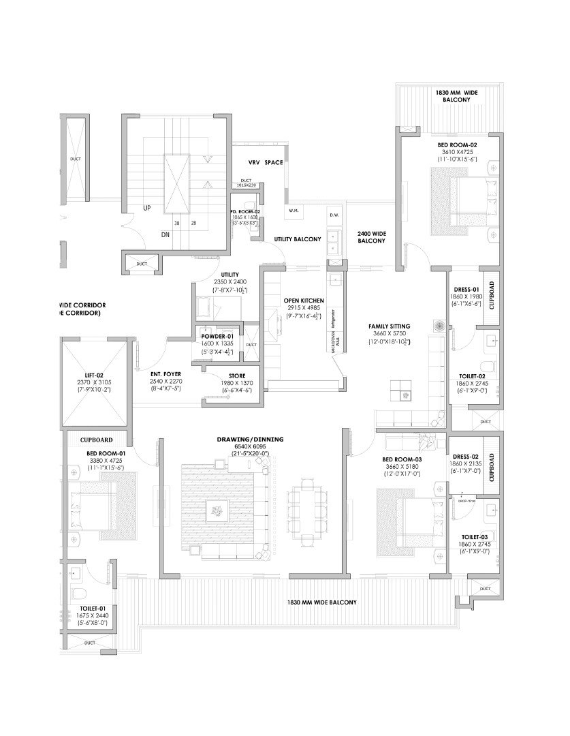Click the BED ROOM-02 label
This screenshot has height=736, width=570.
tap(457, 145)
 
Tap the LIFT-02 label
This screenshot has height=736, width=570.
tap(96, 375)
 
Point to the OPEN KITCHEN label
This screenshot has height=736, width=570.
tap(304, 301)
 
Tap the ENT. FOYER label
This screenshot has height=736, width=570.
tap(166, 374)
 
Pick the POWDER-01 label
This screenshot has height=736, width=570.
tap(217, 336)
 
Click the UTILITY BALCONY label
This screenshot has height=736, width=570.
tap(298, 240)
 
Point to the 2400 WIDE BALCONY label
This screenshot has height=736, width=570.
tap(372, 236)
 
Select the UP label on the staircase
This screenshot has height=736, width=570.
tap(146, 208)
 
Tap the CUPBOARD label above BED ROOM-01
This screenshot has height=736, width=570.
tap(96, 440)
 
